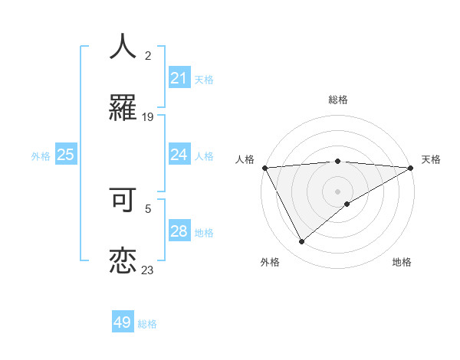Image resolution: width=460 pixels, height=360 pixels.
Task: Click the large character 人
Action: pos(123,47)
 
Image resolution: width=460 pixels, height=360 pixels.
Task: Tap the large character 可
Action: pos(123,199)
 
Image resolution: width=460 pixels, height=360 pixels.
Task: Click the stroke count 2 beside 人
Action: pos(148,56)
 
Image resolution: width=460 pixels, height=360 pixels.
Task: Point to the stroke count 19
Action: pos(148,116)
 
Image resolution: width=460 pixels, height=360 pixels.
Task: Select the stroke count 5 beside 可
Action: pos(148,207)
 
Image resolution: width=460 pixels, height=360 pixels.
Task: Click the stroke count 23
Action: pos(148,270)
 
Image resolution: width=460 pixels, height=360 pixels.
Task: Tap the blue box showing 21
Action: pos(179,78)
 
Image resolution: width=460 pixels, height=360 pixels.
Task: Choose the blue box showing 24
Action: pos(179,155)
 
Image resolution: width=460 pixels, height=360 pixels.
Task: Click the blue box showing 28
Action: pos(179,231)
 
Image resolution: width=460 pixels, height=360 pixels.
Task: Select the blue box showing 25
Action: pos(66,155)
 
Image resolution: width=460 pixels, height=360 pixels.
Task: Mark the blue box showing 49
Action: pos(123,322)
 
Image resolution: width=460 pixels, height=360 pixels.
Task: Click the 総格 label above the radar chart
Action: pos(337,100)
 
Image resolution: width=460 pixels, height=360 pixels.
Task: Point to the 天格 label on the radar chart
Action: pos(431,159)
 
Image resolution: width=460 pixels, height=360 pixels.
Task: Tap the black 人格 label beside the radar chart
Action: pos(245,159)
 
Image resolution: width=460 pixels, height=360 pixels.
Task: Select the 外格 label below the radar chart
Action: pos(270,262)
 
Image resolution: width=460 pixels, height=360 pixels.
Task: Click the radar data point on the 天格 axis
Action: pos(412,167)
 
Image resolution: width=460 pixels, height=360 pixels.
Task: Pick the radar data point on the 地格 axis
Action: pos(347,204)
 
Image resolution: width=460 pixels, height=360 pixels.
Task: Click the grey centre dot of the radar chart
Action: pos(337,191)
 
